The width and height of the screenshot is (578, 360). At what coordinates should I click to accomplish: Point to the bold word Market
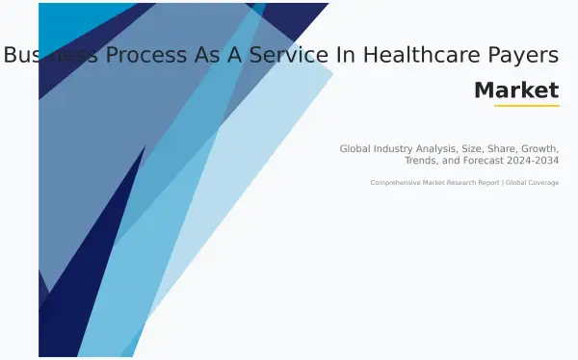click(x=516, y=90)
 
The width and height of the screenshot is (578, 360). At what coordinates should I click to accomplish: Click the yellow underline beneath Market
click(x=526, y=106)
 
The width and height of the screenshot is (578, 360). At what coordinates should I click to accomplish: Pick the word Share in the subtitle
click(x=497, y=149)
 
